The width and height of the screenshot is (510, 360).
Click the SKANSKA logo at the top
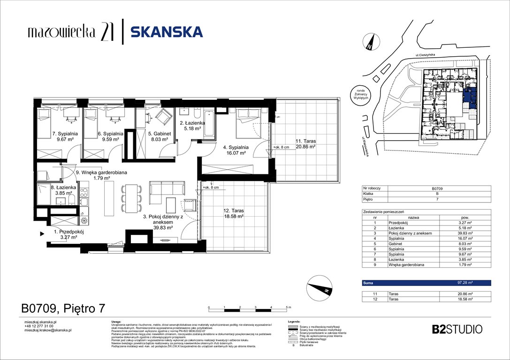click(167, 32)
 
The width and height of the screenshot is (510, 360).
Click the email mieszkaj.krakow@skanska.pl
click(47, 330)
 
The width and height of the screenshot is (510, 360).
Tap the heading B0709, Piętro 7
click(63, 308)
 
